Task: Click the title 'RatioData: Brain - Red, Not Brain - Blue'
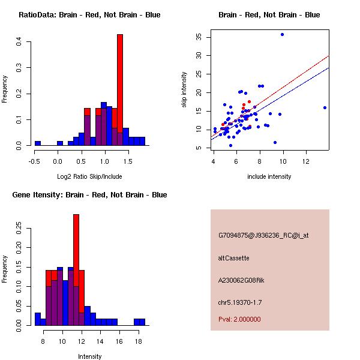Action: (89, 15)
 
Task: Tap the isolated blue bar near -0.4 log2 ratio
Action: (38, 143)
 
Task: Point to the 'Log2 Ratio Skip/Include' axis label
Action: (89, 177)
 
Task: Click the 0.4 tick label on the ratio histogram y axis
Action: (19, 41)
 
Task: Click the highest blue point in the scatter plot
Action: (282, 35)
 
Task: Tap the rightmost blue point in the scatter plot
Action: (325, 108)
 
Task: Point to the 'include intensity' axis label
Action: (269, 177)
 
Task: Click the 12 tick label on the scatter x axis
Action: (306, 160)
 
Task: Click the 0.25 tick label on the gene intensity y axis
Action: (19, 229)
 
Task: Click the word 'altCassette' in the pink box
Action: (233, 258)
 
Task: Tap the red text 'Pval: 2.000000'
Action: (239, 319)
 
